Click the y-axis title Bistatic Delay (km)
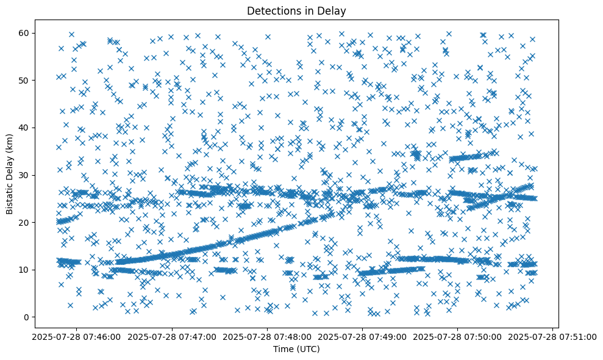[10, 174]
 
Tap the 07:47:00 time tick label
[171, 336]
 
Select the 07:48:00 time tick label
[266, 336]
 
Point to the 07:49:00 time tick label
[363, 336]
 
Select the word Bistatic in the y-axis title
[10, 194]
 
